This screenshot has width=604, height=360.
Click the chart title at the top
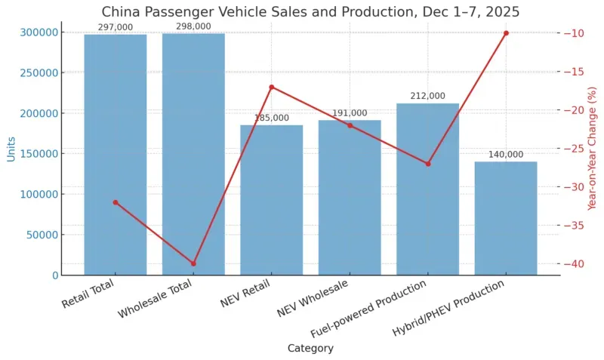pyautogui.click(x=310, y=12)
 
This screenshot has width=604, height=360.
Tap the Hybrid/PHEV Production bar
pyautogui.click(x=505, y=218)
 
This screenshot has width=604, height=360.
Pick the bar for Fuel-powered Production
pyautogui.click(x=427, y=189)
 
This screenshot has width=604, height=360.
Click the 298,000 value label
pyautogui.click(x=193, y=26)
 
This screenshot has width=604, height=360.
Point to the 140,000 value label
pyautogui.click(x=505, y=155)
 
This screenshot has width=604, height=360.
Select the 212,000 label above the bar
pyautogui.click(x=427, y=97)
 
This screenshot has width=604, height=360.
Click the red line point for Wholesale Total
pyautogui.click(x=193, y=264)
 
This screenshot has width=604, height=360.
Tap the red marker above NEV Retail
pyautogui.click(x=271, y=87)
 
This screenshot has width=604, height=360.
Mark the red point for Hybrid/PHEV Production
pyautogui.click(x=506, y=33)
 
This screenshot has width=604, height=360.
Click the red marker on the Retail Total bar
pyautogui.click(x=115, y=202)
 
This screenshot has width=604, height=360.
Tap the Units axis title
pyautogui.click(x=11, y=149)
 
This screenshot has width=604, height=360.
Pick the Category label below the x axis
pyautogui.click(x=310, y=349)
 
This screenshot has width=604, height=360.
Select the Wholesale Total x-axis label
pyautogui.click(x=156, y=299)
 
